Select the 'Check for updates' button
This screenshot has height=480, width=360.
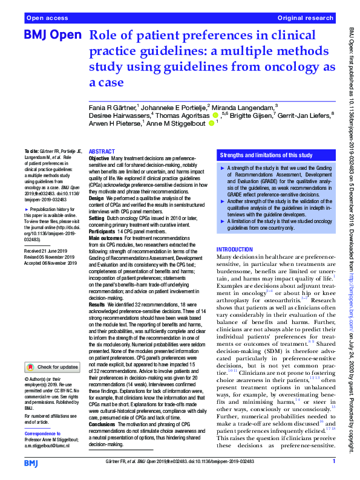(52, 367)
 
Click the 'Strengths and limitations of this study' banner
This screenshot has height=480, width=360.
(266, 155)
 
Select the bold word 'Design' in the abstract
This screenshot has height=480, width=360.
(97, 198)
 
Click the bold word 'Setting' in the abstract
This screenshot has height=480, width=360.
(97, 216)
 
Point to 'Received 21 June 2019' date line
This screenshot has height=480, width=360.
(50, 250)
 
